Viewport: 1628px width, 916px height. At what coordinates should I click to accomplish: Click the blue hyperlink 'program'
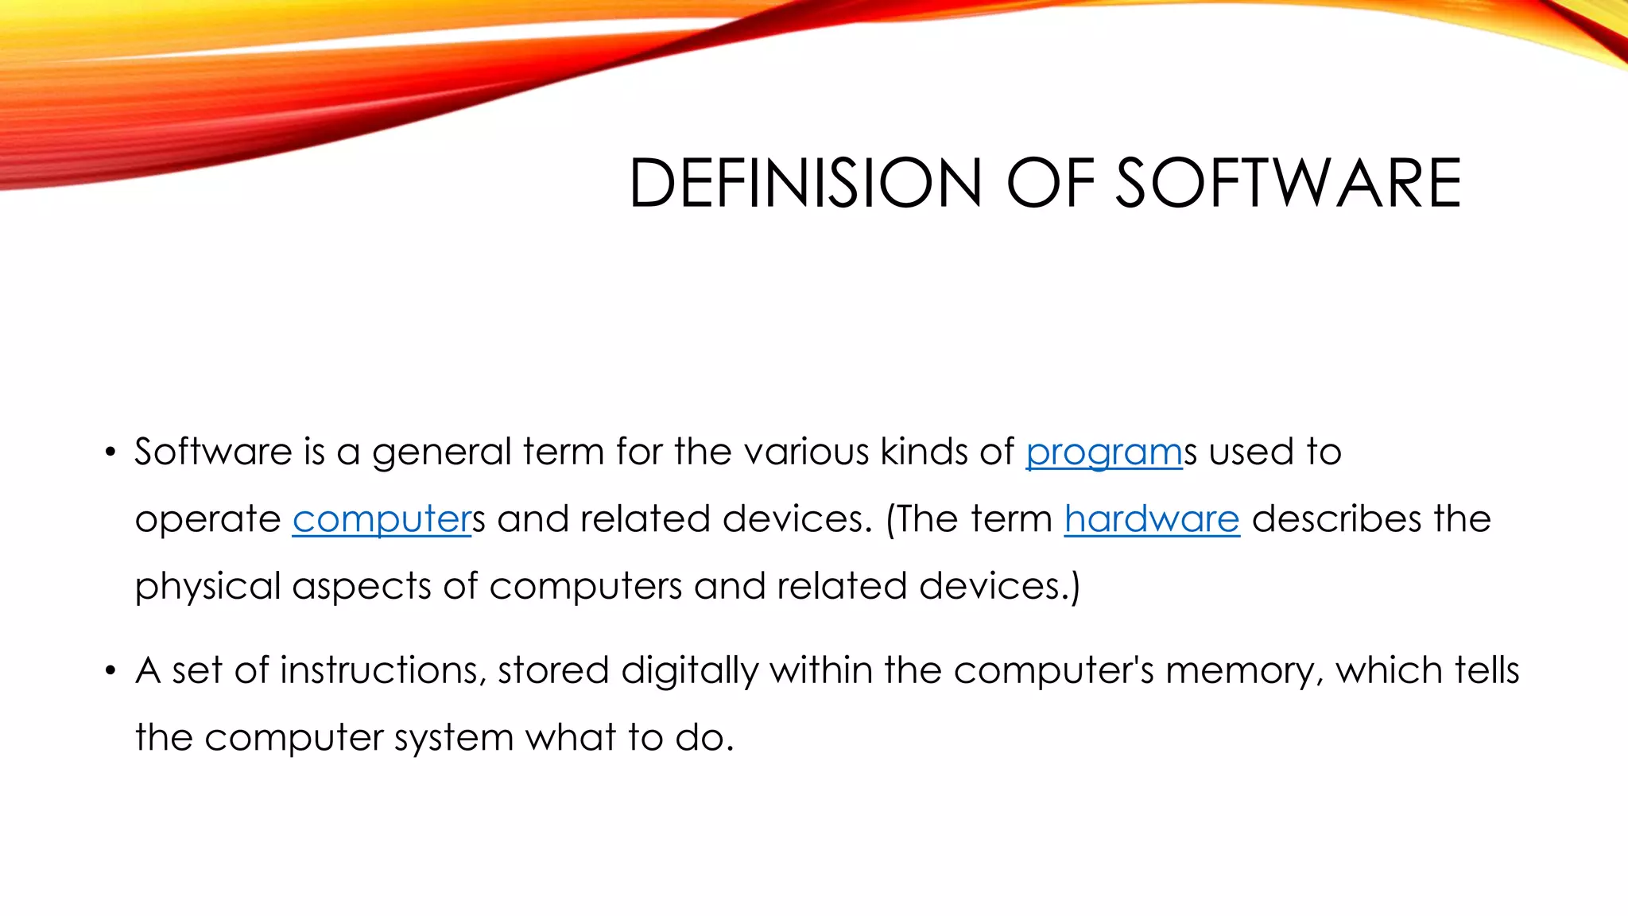pos(1103,452)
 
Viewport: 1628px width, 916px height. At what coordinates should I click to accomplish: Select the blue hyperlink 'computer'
pos(382,520)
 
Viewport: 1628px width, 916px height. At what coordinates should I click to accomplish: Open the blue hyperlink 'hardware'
pos(1151,520)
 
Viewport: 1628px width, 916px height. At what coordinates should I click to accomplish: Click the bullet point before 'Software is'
pos(110,453)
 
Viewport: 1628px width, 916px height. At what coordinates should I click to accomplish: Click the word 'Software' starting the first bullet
pos(213,452)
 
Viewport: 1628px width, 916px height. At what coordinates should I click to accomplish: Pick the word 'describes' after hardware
pos(1336,519)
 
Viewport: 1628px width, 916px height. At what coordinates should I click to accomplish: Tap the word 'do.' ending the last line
pos(704,738)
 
